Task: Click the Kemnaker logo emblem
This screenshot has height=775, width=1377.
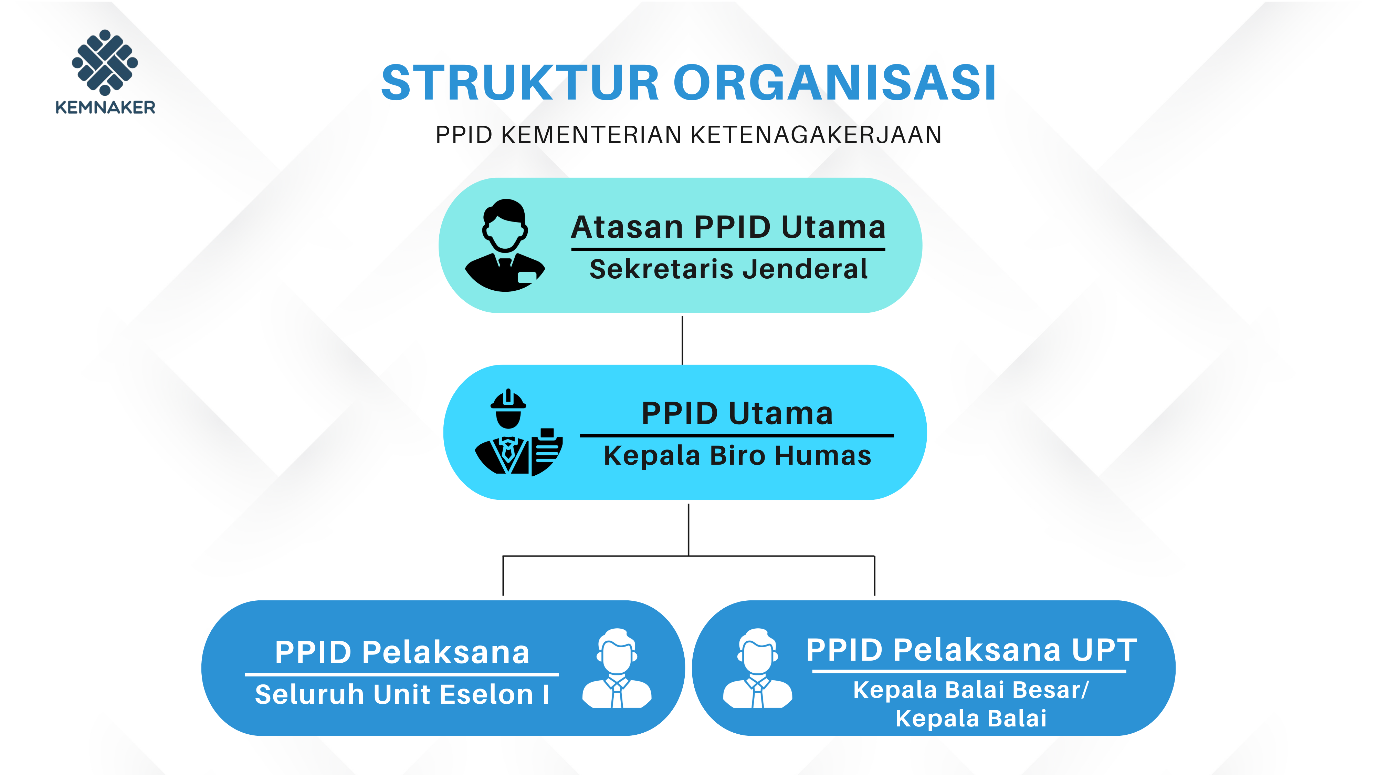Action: coord(105,63)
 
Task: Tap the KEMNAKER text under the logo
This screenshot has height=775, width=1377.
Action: coord(105,107)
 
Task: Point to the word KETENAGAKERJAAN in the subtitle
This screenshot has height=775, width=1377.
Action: coord(816,135)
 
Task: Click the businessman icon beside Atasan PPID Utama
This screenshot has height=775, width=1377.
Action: coord(505,246)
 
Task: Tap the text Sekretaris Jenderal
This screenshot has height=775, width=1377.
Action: coord(728,269)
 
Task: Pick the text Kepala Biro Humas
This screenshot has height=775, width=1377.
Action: coord(737,456)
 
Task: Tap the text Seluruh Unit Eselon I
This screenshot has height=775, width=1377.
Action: coord(402,694)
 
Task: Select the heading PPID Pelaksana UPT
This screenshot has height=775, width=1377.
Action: coord(971,650)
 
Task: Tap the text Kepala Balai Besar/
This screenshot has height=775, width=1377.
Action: coord(971,690)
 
